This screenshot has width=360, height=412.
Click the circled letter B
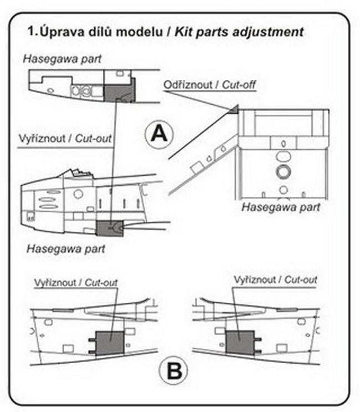[174, 370]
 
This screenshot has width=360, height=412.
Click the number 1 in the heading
[32, 32]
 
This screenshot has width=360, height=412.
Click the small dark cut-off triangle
[234, 108]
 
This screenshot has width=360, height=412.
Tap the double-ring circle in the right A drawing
[282, 171]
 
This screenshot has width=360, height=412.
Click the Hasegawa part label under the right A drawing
[281, 208]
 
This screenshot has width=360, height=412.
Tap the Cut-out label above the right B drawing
[301, 280]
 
